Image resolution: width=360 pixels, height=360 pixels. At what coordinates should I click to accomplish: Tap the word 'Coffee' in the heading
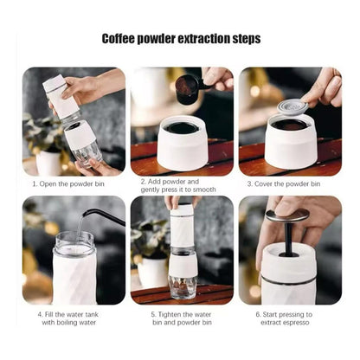pyautogui.click(x=122, y=39)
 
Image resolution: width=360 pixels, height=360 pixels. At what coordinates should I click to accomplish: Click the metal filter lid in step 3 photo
pyautogui.click(x=292, y=107)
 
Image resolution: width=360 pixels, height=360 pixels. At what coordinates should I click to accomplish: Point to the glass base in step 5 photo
pyautogui.click(x=182, y=286)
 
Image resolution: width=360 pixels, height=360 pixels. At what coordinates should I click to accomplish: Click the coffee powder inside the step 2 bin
pyautogui.click(x=183, y=127)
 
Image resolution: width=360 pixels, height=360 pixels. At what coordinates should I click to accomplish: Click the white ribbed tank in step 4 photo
pyautogui.click(x=74, y=276)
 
